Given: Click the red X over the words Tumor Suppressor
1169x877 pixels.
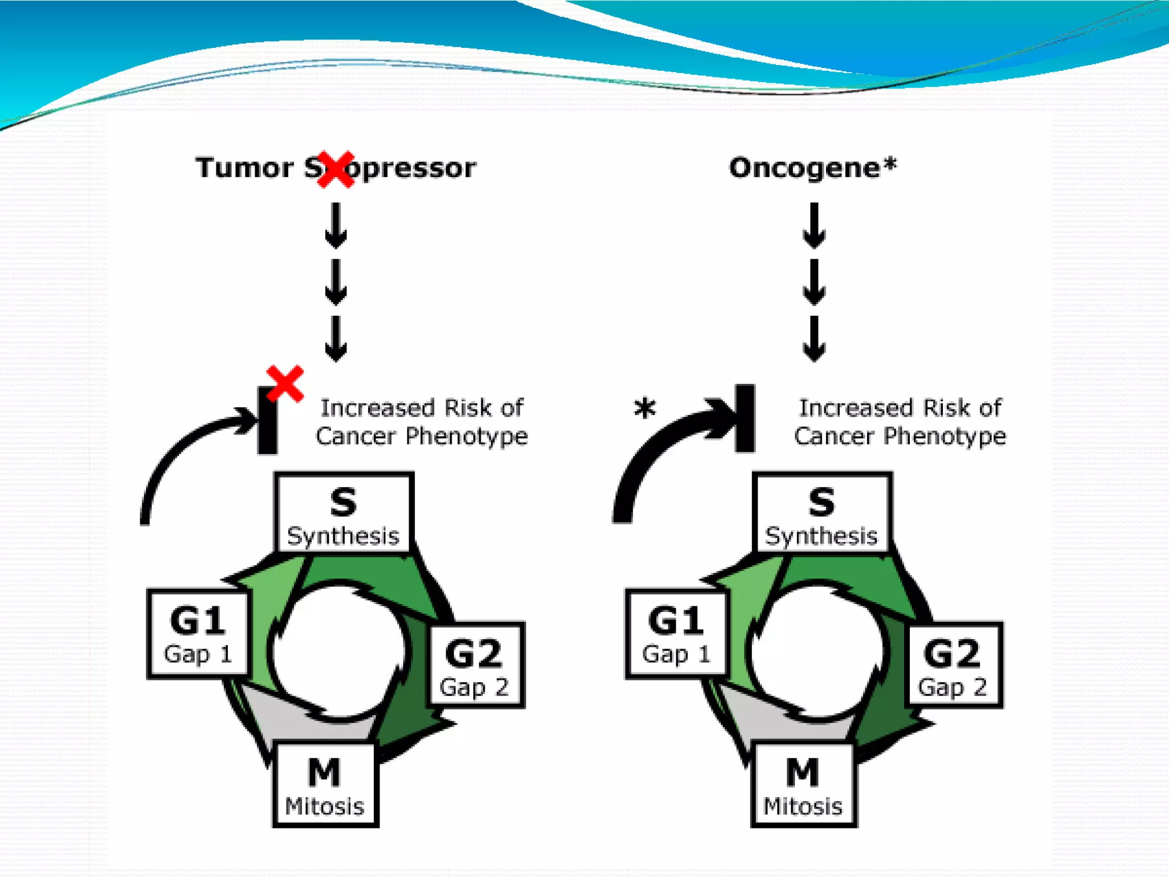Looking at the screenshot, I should coord(336,170).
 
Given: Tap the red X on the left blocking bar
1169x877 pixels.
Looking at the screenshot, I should coord(285,384).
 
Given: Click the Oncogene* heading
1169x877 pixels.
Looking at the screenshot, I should coord(812,168).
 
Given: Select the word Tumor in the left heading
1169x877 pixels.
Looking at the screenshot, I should coord(244,168).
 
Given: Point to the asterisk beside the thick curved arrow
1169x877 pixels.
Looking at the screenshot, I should coord(645,408).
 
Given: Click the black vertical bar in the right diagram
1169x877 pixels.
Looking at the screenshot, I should coord(745,419).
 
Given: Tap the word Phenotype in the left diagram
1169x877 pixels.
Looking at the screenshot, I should coord(466,437).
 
